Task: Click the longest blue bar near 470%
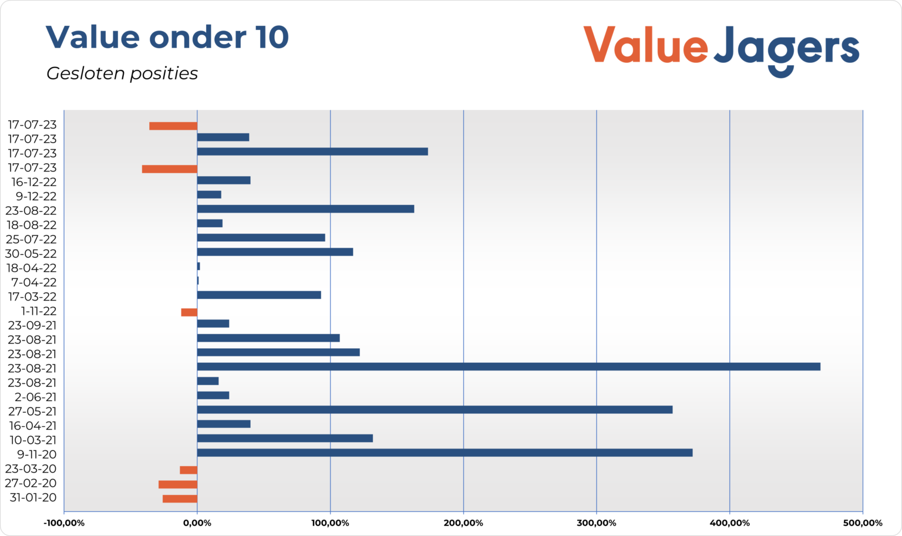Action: pyautogui.click(x=509, y=367)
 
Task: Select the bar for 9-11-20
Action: pyautogui.click(x=445, y=453)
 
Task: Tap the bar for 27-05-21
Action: pyautogui.click(x=435, y=410)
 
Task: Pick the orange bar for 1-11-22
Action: pyautogui.click(x=189, y=312)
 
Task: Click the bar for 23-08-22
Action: pyautogui.click(x=305, y=209)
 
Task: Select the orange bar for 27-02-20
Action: pyautogui.click(x=178, y=484)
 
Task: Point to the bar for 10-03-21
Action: pyautogui.click(x=285, y=439)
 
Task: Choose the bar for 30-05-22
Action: pyautogui.click(x=275, y=252)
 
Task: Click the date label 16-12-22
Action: pyautogui.click(x=34, y=182)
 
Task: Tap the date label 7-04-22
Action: pyautogui.click(x=34, y=282)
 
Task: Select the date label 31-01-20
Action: pyautogui.click(x=33, y=498)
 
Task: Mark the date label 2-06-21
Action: pyautogui.click(x=36, y=397)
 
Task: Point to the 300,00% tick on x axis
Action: pyautogui.click(x=597, y=523)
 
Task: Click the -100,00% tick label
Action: pyautogui.click(x=64, y=523)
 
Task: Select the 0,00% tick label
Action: pyautogui.click(x=197, y=523)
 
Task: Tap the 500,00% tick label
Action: pyautogui.click(x=862, y=523)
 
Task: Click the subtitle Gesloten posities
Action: pyautogui.click(x=122, y=73)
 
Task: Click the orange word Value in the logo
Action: pyautogui.click(x=645, y=45)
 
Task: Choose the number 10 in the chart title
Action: pyautogui.click(x=272, y=38)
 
